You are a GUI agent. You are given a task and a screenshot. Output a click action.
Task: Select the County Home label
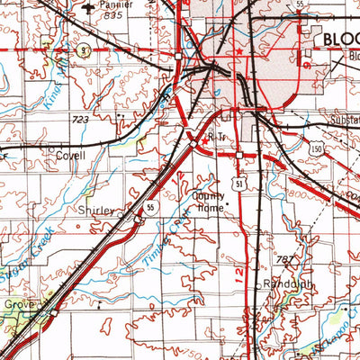pos(206,201)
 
